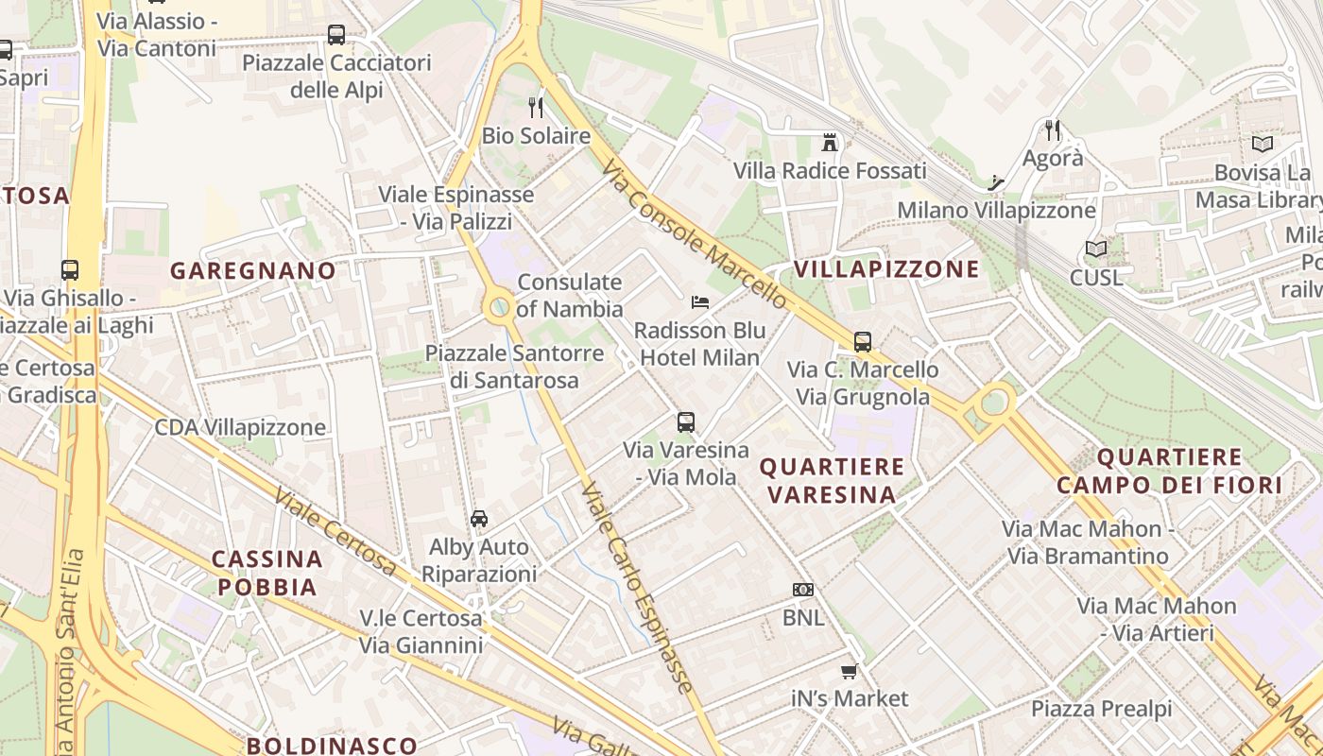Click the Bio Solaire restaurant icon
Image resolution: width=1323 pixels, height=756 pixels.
[536, 107]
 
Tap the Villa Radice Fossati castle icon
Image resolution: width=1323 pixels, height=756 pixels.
[830, 143]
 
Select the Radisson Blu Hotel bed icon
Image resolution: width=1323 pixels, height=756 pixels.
[700, 302]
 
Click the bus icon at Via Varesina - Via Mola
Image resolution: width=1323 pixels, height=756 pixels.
[686, 422]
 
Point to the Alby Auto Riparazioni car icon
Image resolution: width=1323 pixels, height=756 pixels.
[479, 519]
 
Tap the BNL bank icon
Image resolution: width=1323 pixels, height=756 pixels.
[803, 590]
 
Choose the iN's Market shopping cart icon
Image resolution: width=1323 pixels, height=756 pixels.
[849, 671]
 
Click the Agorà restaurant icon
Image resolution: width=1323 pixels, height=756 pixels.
[1053, 130]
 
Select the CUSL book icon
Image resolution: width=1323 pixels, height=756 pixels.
[1096, 249]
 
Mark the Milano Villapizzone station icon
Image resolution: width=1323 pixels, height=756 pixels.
[995, 182]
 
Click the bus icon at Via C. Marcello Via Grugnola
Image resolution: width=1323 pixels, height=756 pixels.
[863, 342]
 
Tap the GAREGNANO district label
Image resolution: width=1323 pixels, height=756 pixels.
[253, 271]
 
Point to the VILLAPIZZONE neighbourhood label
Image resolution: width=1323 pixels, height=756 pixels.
[886, 269]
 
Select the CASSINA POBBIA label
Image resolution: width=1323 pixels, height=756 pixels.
[267, 573]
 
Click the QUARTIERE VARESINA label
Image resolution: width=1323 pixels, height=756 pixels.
[832, 480]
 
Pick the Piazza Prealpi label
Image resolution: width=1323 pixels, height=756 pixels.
[1101, 709]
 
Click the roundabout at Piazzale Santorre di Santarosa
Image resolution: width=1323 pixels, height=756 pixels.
[498, 306]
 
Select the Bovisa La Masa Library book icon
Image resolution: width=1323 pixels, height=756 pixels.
[1262, 145]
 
